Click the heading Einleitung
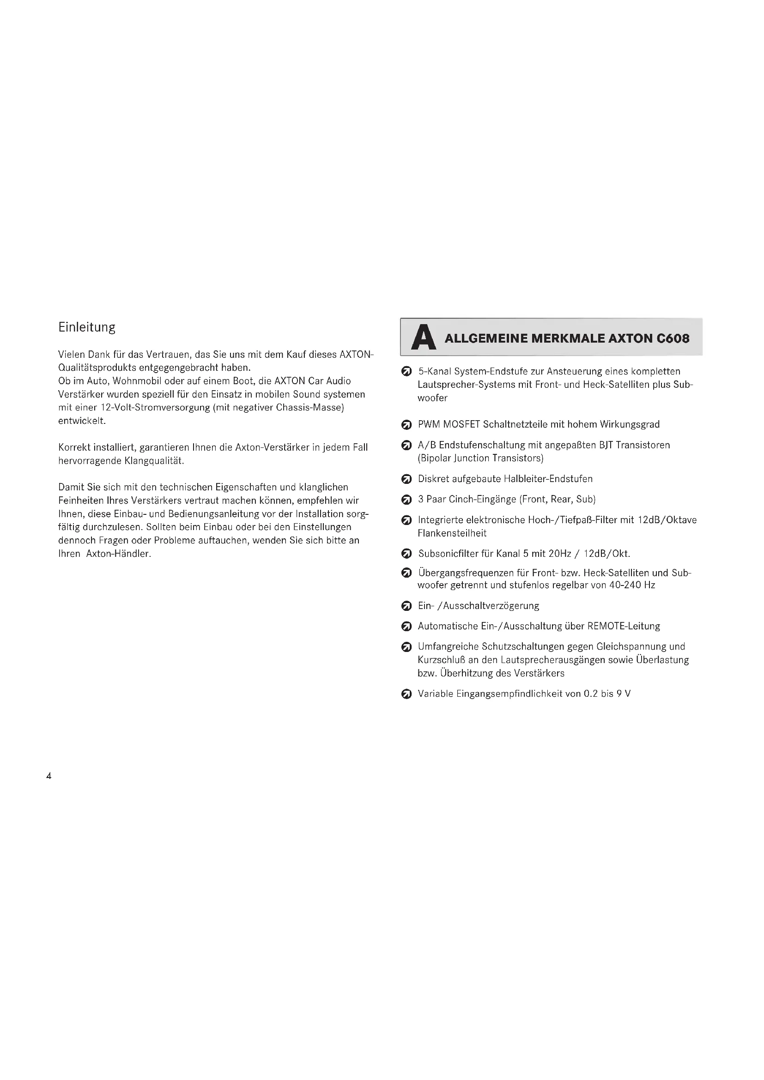[x=86, y=327]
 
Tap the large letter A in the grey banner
[x=423, y=338]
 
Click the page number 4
[x=49, y=776]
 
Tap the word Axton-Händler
[x=119, y=554]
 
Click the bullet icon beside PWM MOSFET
[x=406, y=425]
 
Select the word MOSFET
[x=461, y=424]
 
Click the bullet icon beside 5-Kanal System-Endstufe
[x=406, y=372]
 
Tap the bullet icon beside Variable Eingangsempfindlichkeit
[x=406, y=694]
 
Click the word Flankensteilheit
[x=452, y=533]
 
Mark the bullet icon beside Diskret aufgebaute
[x=406, y=479]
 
